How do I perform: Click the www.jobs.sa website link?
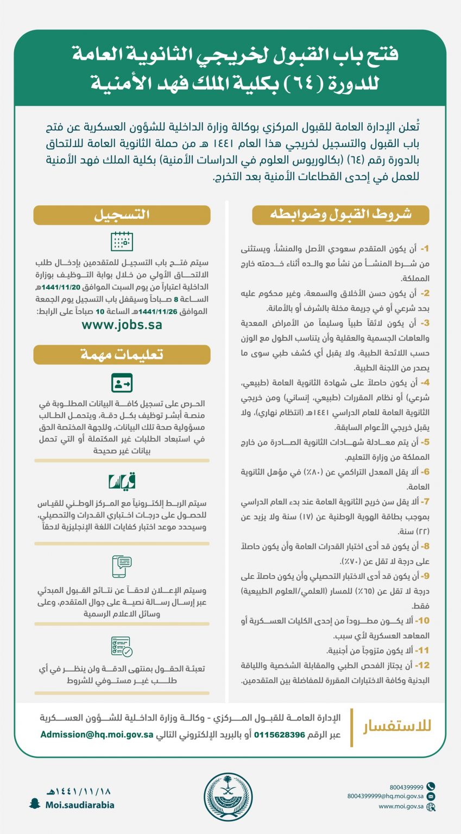[122, 325]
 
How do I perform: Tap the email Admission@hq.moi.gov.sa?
[96, 735]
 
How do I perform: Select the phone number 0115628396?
[283, 735]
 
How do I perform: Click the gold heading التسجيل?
[122, 215]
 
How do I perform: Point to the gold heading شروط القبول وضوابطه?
[340, 215]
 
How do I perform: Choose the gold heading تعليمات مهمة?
[122, 355]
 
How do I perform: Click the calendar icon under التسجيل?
[122, 241]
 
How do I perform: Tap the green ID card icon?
[122, 383]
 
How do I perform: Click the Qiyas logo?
[122, 481]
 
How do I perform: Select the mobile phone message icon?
[122, 566]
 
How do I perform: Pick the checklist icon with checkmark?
[122, 647]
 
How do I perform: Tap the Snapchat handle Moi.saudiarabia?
[79, 805]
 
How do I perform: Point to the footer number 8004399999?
[407, 787]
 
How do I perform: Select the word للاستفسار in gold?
[397, 726]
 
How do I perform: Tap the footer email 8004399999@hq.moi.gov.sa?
[386, 797]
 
